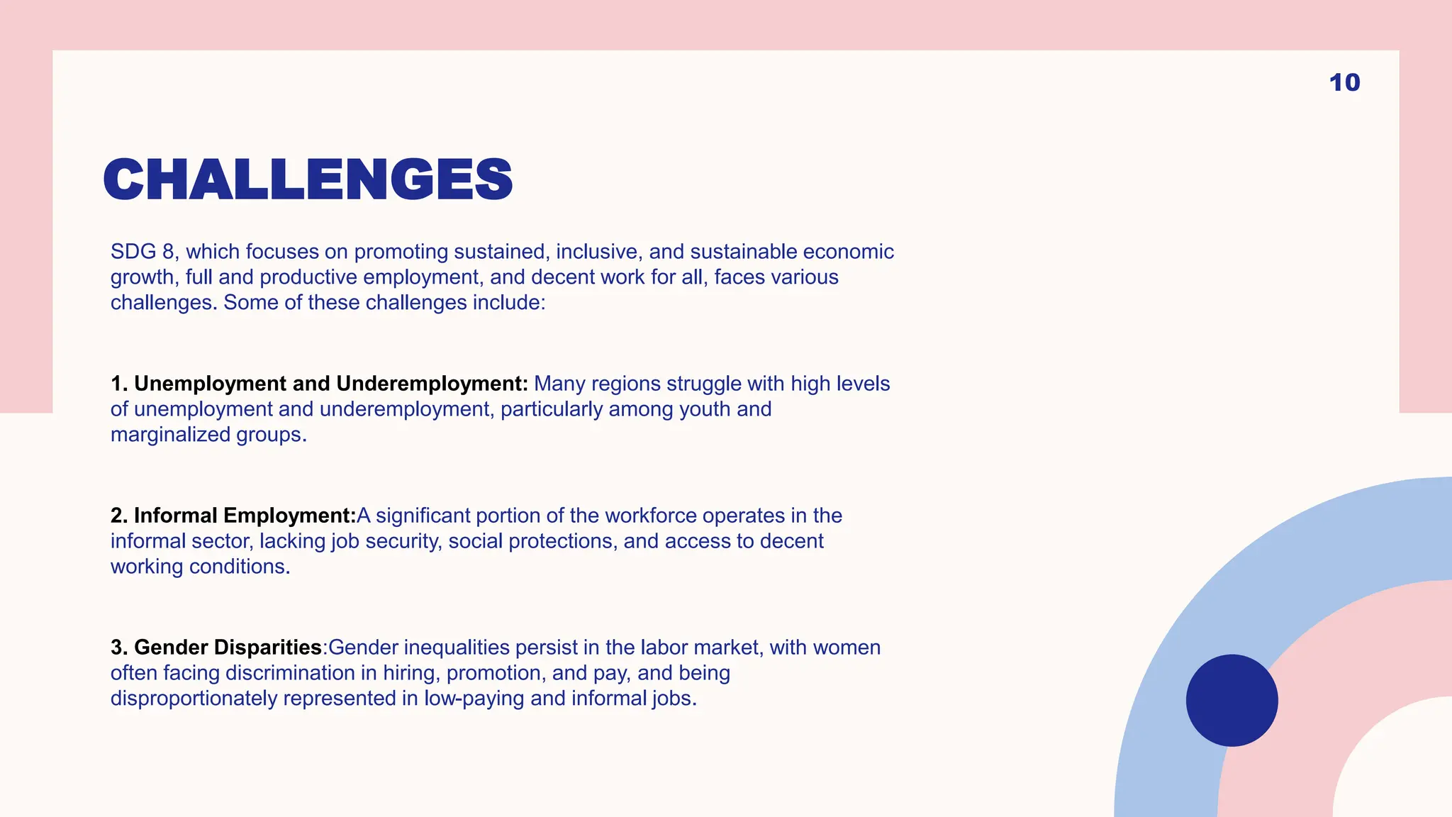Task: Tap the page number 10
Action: point(1344,82)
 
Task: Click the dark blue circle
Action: point(1232,700)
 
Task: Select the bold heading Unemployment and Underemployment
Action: point(330,384)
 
